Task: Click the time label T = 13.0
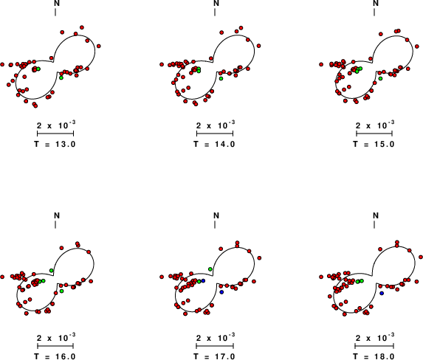(x=55, y=145)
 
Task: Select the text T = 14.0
(x=215, y=145)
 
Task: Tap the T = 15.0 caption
(x=374, y=145)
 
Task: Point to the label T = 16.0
(x=55, y=356)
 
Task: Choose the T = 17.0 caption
(x=215, y=356)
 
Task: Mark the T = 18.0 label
(x=374, y=356)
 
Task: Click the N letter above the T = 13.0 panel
(x=57, y=3)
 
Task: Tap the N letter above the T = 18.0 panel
(x=376, y=215)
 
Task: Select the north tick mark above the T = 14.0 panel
(x=215, y=13)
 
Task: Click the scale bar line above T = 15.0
(x=374, y=134)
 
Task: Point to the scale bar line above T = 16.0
(x=55, y=346)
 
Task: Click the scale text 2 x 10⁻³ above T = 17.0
(x=216, y=337)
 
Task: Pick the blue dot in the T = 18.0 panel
(x=382, y=293)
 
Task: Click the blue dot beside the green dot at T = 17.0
(x=204, y=281)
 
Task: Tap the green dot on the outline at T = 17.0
(x=210, y=269)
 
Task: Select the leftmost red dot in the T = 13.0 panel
(x=2, y=64)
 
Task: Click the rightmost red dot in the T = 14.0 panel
(x=258, y=46)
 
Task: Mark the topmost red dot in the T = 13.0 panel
(x=82, y=27)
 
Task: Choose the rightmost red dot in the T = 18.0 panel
(x=421, y=257)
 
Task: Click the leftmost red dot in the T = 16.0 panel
(x=2, y=277)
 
